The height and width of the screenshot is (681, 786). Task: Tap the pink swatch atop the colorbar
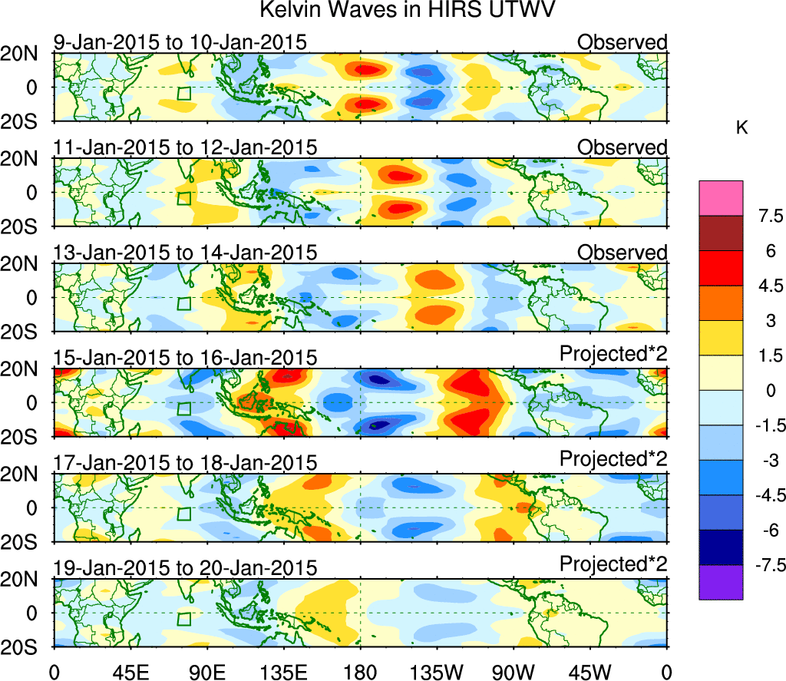(721, 198)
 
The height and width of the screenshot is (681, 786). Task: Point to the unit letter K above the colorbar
(741, 129)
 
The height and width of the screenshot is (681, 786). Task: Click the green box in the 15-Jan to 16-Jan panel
(183, 409)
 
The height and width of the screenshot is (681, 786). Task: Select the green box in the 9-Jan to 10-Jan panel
(183, 94)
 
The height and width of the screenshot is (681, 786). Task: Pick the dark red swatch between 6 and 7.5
(721, 233)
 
